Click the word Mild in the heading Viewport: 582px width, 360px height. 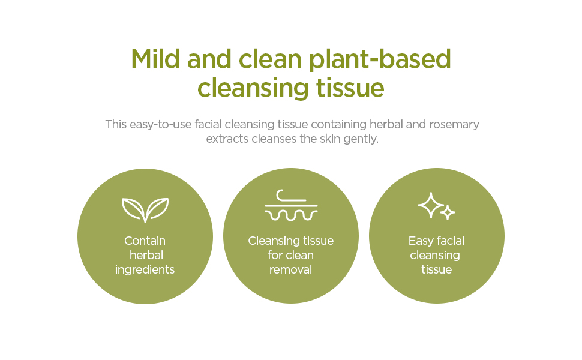point(155,59)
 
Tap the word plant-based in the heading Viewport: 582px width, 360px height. point(380,59)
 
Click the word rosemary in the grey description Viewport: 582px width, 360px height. point(454,124)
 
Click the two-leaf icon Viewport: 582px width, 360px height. point(145,209)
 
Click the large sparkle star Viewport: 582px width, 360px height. point(430,205)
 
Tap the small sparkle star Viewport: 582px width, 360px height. point(448,212)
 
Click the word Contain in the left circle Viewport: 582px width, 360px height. point(145,241)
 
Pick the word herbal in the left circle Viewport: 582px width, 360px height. point(146,255)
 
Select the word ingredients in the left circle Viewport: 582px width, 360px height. point(145,270)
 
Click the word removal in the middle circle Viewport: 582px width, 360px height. point(291,270)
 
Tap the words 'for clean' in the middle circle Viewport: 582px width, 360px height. point(291,255)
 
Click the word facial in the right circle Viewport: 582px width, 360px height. point(450,241)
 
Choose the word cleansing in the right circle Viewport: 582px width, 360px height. point(436,256)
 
